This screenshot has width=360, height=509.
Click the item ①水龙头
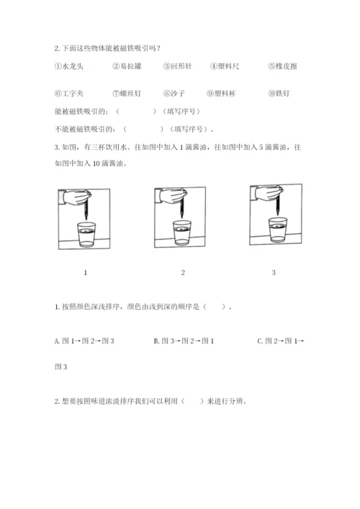pos(69,66)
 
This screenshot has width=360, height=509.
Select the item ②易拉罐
pos(127,66)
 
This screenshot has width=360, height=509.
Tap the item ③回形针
pos(178,66)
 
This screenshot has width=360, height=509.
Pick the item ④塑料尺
pos(225,66)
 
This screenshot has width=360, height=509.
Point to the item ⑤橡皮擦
pos(283,66)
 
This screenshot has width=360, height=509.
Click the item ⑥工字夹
pos(69,94)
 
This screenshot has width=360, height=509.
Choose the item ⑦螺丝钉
pos(127,94)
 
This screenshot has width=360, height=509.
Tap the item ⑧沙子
pos(174,94)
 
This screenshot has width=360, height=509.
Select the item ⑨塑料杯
pos(221,94)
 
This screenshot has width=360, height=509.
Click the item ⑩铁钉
pos(279,94)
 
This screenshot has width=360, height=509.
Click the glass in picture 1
pos(86,235)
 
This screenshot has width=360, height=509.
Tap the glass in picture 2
pos(182,233)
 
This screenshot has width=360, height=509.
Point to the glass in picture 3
pos(277,230)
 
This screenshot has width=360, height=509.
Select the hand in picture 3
pos(267,193)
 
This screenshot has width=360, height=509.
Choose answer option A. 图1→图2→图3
pos(84,341)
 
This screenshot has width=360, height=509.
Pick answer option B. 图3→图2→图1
pos(184,341)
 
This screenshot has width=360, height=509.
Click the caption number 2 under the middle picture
pos(183,273)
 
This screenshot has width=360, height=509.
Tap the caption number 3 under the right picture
pos(274,273)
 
